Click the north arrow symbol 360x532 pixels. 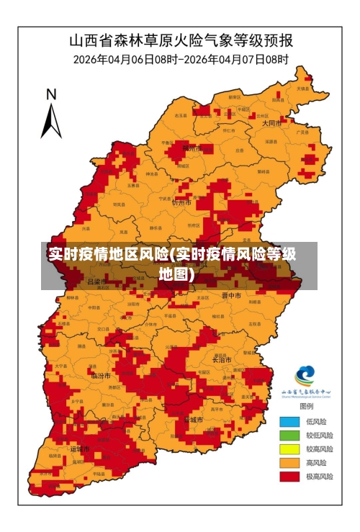coord(50,120)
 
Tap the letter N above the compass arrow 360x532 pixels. coord(51,94)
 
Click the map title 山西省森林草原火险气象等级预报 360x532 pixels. coord(180,39)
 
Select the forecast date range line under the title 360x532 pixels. coord(180,59)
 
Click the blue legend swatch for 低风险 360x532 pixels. coord(289,421)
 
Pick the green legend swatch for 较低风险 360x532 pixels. coord(289,435)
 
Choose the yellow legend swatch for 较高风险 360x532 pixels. coord(289,448)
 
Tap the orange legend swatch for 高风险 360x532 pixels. coord(289,462)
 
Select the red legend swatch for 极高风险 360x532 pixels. coord(289,476)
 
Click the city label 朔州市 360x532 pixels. coord(192,148)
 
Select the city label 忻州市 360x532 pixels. coord(181,203)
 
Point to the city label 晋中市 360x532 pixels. coord(231,295)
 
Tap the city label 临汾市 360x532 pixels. coord(101,375)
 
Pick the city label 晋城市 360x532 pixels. coord(193,418)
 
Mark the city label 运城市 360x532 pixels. coord(80,448)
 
